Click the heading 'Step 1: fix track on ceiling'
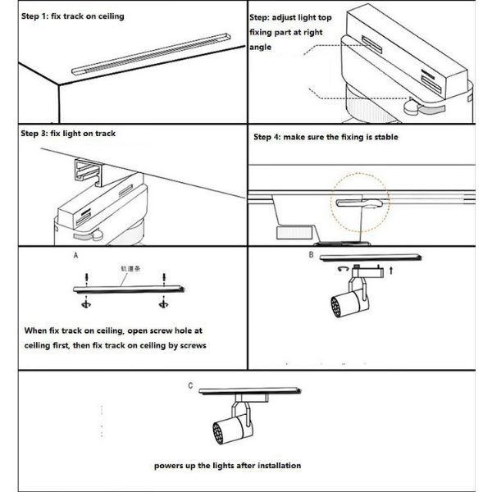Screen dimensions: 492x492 click(x=72, y=16)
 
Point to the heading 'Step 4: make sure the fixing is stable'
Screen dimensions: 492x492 click(x=326, y=137)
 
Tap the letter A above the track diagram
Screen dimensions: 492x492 click(x=75, y=256)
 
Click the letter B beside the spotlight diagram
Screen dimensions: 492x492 click(x=311, y=255)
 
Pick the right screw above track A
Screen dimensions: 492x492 click(x=166, y=279)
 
